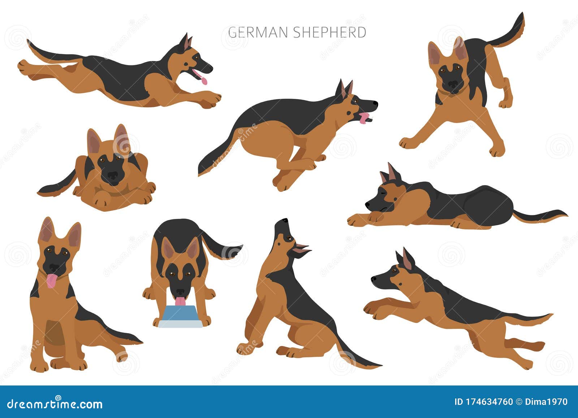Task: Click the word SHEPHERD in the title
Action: (x=329, y=33)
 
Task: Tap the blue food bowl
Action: (x=180, y=317)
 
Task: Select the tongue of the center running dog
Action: (x=364, y=118)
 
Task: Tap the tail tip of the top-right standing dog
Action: (x=522, y=16)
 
